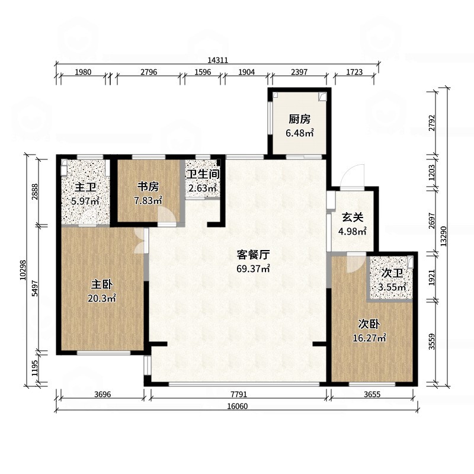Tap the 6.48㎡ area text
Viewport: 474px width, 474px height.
point(299,133)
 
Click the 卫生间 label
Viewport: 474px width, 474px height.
point(203,175)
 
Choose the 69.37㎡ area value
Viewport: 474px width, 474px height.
point(254,269)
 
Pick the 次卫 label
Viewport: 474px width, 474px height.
point(392,273)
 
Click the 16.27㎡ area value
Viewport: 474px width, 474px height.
point(369,338)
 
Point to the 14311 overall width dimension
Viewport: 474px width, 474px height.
point(218,60)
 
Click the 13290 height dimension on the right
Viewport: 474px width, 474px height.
point(444,238)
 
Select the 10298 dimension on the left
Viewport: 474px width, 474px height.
point(24,270)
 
